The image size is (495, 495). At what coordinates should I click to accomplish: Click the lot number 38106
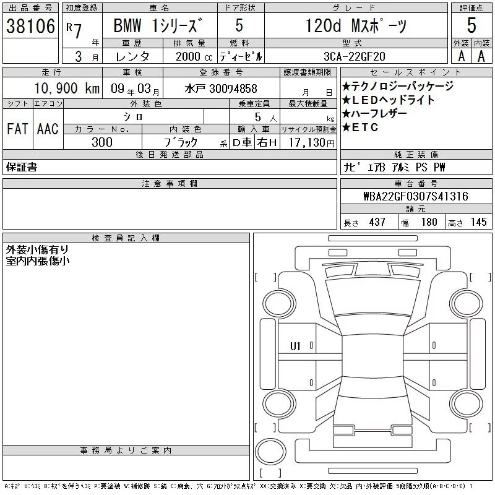coord(30,25)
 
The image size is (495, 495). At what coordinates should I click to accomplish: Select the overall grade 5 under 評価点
coord(471,25)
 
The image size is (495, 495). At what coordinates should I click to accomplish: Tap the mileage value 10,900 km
coord(67,88)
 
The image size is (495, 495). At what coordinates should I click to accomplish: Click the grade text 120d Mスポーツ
coord(356,25)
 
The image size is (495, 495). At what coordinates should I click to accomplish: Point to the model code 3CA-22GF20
coord(355,56)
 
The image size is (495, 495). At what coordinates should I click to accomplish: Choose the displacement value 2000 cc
coord(194,56)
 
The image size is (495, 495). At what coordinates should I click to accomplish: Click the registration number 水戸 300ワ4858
coord(221,88)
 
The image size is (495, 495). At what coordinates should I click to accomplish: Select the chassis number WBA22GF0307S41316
coord(416,196)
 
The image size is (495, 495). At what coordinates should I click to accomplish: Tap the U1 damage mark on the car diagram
coord(295,346)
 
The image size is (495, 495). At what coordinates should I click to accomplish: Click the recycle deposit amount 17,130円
coord(312,142)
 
